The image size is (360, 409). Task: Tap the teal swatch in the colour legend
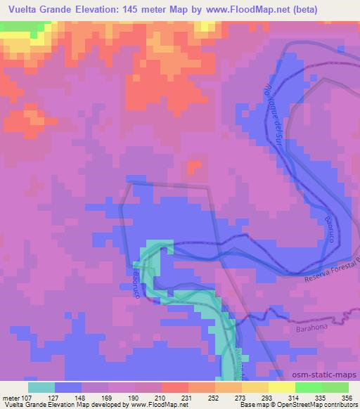[41, 387]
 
